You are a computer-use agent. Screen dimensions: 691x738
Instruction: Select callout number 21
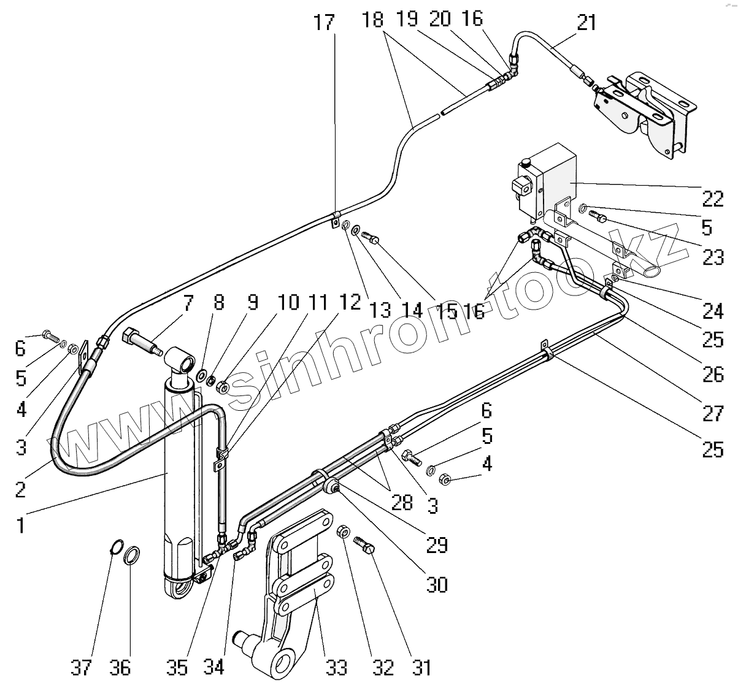pos(586,23)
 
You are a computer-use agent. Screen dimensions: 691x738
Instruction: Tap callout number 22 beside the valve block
pos(713,199)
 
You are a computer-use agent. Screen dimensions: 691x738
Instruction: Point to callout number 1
pos(20,525)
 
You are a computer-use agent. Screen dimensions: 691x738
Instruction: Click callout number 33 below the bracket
pos(336,668)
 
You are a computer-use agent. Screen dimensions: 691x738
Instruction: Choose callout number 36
pos(120,668)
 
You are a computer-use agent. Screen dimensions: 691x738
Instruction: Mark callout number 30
pos(436,584)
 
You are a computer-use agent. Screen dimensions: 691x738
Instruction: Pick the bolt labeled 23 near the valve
pos(598,216)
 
